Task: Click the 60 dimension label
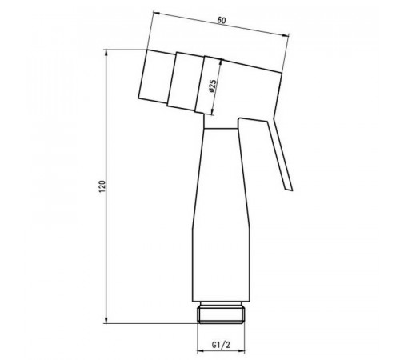coord(222,21)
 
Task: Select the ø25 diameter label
coord(213,86)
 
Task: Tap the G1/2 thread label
coord(221,345)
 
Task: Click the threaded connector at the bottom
coord(221,315)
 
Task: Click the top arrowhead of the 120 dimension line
coord(106,53)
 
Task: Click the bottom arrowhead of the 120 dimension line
coord(106,320)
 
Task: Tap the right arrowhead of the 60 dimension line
coord(286,34)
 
